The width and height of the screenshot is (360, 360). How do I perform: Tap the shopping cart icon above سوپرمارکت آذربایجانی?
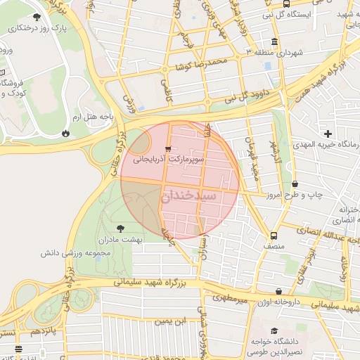[x=167, y=149]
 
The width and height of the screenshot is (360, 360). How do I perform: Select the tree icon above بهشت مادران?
[x=120, y=228]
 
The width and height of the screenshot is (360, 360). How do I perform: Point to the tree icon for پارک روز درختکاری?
[x=36, y=17]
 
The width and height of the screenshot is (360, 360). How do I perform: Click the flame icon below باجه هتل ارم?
[x=65, y=132]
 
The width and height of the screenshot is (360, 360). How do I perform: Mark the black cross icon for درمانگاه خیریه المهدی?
[x=328, y=134]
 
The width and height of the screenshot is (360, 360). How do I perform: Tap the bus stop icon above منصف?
[x=274, y=236]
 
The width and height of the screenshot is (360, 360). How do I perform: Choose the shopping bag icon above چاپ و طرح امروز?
[x=293, y=183]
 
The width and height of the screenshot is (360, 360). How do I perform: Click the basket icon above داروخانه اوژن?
[x=279, y=290]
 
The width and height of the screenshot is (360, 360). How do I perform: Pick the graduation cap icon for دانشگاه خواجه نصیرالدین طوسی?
[x=274, y=330]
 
